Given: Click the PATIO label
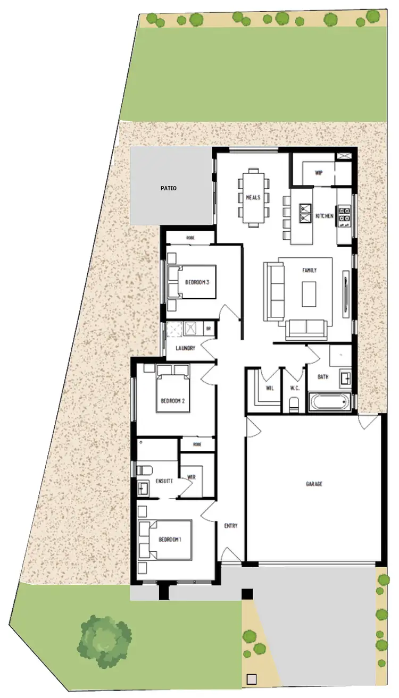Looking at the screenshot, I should pos(169,188).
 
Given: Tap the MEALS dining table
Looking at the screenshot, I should pos(253,197).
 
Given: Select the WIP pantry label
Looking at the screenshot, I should pos(319,173).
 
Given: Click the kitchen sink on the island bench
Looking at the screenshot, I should pos(305,212).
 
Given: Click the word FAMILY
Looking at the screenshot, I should pos(309,270).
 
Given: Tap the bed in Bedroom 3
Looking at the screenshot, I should pos(192,282).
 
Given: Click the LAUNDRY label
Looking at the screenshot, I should pos(186,348).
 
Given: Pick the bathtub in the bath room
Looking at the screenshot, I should pos(330,401).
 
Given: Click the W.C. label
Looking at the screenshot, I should pos(295,388).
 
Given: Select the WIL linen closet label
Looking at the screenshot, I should pos(270,388).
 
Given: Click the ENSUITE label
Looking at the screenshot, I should pos(164,481).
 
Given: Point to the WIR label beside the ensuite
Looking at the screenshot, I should pos(192,477).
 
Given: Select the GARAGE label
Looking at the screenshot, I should pos(314,484).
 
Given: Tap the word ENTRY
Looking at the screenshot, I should pos(231,526).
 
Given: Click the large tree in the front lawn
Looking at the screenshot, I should pos(105,640).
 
